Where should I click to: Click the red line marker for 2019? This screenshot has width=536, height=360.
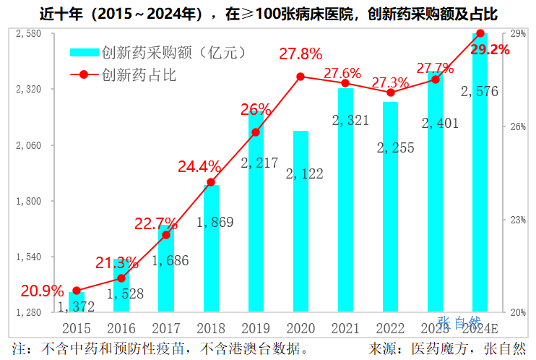[256, 132]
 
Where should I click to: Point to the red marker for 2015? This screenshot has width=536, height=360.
[77, 291]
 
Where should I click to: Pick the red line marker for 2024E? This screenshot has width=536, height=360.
[480, 33]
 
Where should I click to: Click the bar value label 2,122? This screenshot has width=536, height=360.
[304, 173]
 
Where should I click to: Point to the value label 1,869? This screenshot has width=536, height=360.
[215, 222]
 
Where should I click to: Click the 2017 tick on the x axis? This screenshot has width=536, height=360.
[166, 329]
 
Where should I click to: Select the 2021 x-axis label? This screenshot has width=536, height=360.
[345, 329]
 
